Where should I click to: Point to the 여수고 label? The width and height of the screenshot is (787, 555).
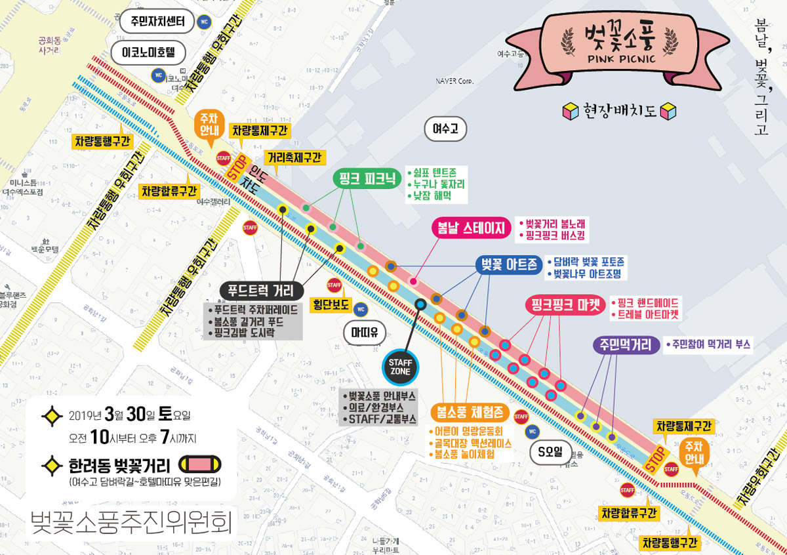point(445,129)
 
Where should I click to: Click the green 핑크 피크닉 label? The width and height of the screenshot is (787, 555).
point(367,178)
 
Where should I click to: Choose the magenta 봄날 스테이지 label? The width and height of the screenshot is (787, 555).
point(470,228)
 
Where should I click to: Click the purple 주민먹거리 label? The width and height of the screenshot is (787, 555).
point(626,345)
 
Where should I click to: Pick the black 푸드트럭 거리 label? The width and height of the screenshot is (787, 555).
point(261,291)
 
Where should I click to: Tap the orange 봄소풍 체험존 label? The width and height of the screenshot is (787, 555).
point(470,413)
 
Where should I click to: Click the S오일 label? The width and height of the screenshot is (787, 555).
point(550,451)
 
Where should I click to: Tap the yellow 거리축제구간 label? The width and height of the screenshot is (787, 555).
point(294,157)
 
